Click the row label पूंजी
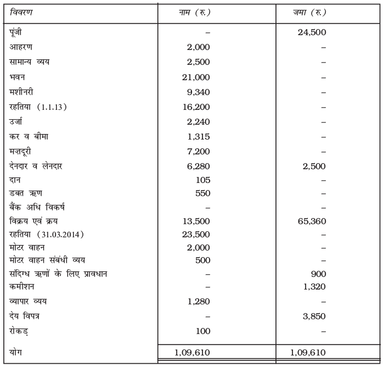(x=16, y=32)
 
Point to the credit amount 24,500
(x=312, y=32)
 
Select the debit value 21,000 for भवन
(x=196, y=77)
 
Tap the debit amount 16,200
(x=196, y=107)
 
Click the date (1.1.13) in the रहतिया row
(x=52, y=107)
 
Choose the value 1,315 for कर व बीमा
(x=198, y=137)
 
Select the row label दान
(x=15, y=180)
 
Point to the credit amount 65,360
(x=312, y=221)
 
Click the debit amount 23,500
(x=196, y=235)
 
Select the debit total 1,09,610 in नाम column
(x=191, y=352)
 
